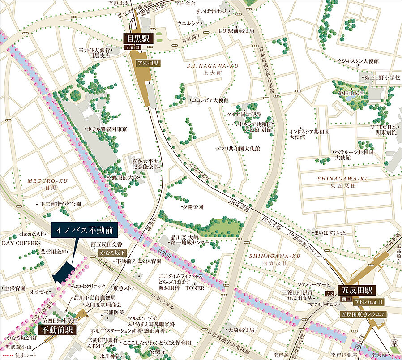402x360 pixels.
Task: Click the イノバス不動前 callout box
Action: click(85, 231)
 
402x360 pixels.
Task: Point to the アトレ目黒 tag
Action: click(147, 63)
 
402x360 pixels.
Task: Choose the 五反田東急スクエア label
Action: click(363, 315)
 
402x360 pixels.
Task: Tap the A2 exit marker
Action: click(330, 294)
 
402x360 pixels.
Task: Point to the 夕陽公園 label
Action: click(192, 207)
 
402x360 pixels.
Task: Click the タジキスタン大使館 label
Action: click(358, 60)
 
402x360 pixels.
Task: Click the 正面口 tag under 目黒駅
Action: click(133, 47)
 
